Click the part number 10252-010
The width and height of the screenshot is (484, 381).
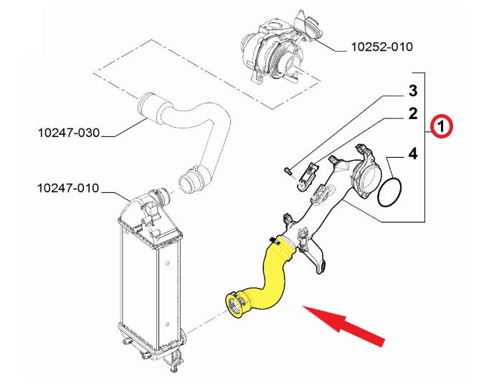pyautogui.click(x=382, y=47)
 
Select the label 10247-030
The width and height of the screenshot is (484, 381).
pyautogui.click(x=69, y=133)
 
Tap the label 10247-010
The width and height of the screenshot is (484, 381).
pyautogui.click(x=68, y=188)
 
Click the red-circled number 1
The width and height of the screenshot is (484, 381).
pyautogui.click(x=442, y=126)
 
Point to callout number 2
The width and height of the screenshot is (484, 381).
pyautogui.click(x=413, y=113)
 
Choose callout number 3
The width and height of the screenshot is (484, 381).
pyautogui.click(x=413, y=91)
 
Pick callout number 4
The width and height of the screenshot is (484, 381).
pyautogui.click(x=413, y=154)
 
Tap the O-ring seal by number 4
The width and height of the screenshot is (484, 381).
pyautogui.click(x=389, y=192)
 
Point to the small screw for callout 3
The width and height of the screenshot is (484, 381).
pyautogui.click(x=288, y=171)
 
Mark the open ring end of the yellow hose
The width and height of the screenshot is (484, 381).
pyautogui.click(x=235, y=305)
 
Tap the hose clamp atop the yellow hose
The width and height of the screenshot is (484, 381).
pyautogui.click(x=275, y=240)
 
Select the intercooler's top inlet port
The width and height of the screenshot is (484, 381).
pyautogui.click(x=160, y=198)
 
